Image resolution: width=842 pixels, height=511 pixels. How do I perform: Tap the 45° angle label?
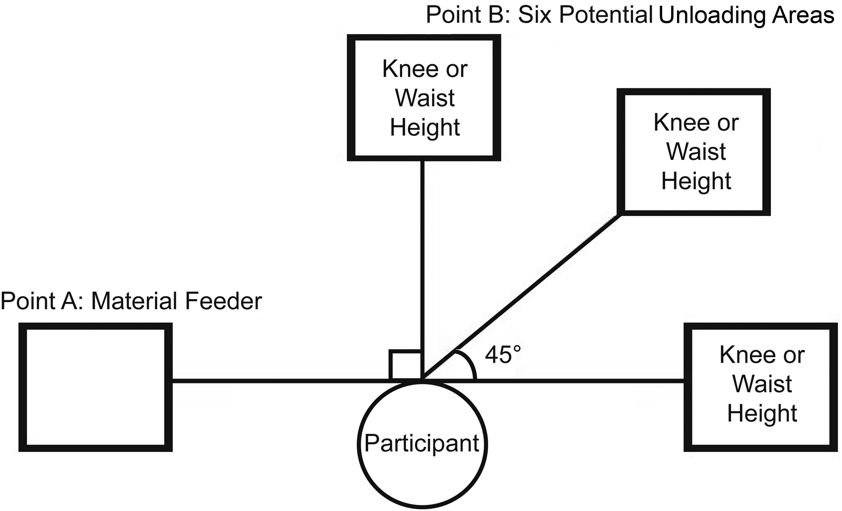[x=503, y=355]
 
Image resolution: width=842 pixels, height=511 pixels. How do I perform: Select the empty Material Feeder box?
[x=95, y=387]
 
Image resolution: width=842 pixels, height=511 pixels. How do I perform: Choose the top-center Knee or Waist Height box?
[x=424, y=98]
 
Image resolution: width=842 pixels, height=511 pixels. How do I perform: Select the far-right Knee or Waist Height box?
[x=761, y=387]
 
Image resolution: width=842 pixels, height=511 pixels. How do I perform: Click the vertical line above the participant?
[x=422, y=254]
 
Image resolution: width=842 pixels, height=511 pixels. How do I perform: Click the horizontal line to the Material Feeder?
[x=281, y=380]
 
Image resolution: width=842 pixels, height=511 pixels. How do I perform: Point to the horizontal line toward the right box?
[x=579, y=380]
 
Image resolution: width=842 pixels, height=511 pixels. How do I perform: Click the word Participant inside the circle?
[x=422, y=443]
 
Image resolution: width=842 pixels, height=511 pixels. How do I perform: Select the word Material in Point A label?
[x=134, y=302]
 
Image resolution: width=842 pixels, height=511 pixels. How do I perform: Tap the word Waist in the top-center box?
[x=425, y=98]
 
